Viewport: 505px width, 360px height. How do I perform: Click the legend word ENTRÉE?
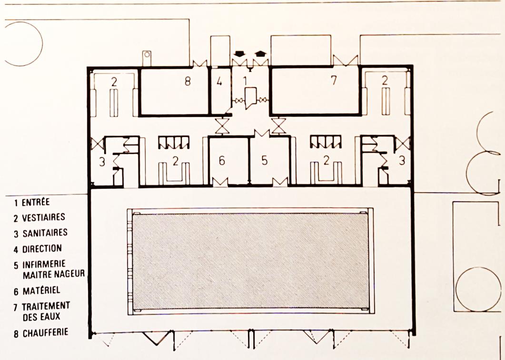pos(36,203)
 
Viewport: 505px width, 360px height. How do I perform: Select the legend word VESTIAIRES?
pos(43,217)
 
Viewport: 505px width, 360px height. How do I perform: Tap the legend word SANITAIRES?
pos(45,233)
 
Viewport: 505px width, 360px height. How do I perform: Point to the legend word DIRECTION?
pos(42,249)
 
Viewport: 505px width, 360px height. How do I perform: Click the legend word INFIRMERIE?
pos(44,264)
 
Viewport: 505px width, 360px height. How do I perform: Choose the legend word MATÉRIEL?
pos(41,291)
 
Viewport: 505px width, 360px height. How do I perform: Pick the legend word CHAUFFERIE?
pos(45,332)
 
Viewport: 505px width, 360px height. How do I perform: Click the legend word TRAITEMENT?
pos(46,306)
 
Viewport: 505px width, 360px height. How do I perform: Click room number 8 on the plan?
pos(188,81)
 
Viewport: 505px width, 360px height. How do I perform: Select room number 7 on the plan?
pos(334,80)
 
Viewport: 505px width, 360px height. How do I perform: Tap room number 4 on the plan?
pos(219,82)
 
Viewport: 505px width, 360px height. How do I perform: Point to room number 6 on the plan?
pos(222,161)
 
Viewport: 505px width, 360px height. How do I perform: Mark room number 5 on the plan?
pos(265,161)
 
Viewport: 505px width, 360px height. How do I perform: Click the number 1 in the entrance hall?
pos(245,81)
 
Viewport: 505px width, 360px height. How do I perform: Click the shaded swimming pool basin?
pos(250,261)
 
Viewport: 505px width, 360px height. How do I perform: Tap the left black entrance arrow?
pos(239,54)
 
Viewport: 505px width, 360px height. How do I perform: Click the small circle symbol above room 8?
pos(147,55)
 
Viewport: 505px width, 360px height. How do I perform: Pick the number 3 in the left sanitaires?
pos(102,162)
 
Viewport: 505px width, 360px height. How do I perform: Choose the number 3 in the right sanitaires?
pos(402,160)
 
